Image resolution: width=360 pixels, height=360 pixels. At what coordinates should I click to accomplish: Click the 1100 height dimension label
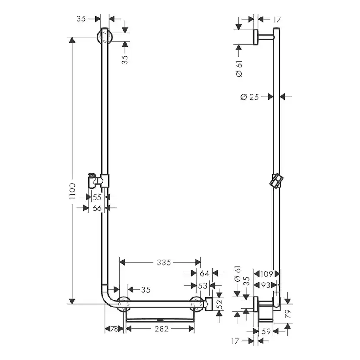72,191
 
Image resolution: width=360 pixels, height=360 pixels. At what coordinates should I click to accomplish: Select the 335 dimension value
164,262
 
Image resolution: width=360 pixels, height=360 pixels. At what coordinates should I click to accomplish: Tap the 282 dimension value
162,329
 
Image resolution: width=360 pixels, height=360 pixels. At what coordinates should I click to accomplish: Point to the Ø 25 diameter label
250,97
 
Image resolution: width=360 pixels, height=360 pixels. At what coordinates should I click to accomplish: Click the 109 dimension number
267,273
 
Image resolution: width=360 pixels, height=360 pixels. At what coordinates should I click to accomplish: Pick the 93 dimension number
266,285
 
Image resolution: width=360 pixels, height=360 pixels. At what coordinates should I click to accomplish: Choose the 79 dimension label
288,314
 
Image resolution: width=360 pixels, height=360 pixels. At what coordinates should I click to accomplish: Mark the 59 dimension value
266,331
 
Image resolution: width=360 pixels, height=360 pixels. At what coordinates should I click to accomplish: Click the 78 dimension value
114,329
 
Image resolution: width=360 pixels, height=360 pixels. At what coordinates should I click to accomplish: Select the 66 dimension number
97,208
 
